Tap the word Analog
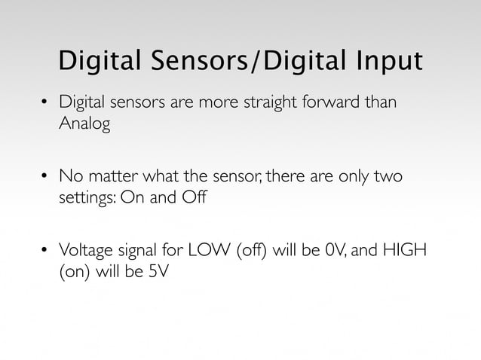[84, 124]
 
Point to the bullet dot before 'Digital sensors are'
[44, 102]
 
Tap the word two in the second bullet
[387, 176]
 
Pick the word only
[351, 176]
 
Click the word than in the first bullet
[379, 102]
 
